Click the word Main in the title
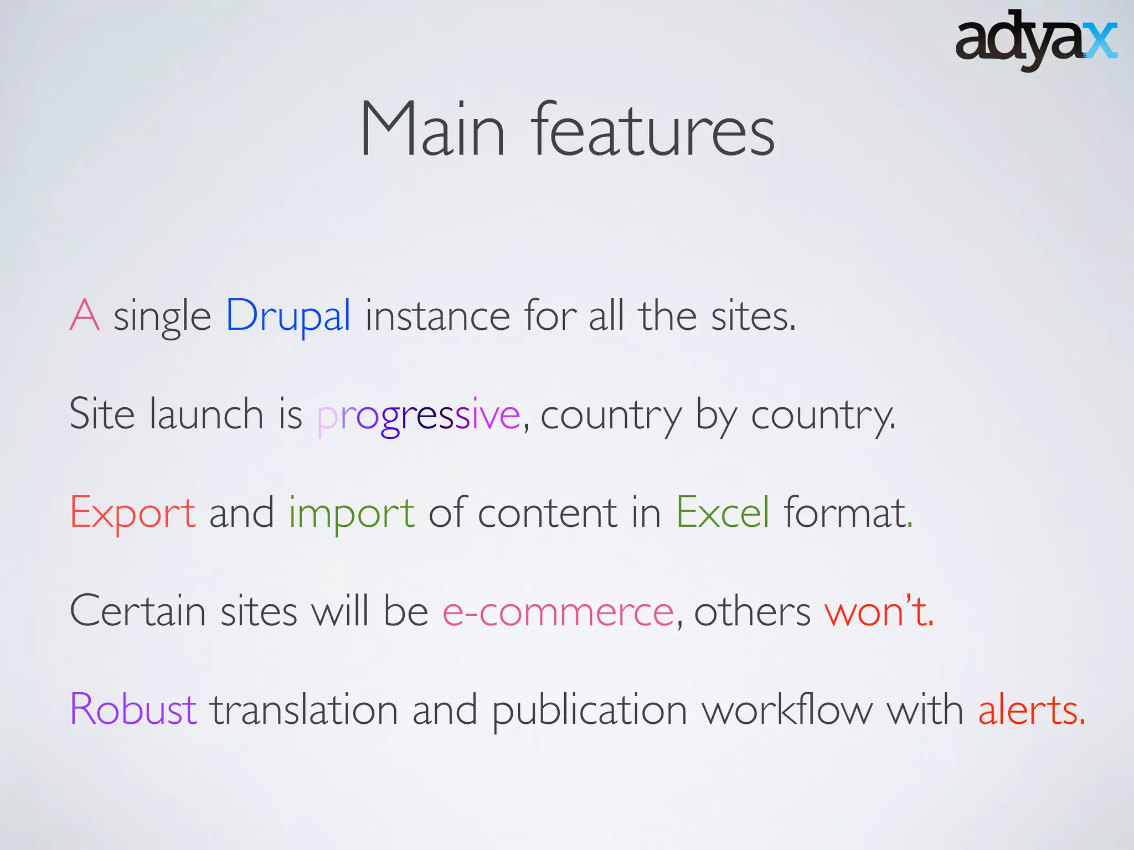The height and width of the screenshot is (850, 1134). pos(432,129)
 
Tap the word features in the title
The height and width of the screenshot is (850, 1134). pos(653,129)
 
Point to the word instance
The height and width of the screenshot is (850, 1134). pos(437,315)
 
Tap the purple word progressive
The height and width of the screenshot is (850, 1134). pos(419,415)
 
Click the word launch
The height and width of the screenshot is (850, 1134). pos(206,414)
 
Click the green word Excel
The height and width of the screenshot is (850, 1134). pos(723,512)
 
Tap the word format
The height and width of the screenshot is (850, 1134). pos(847,512)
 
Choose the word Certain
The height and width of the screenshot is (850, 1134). pos(137,611)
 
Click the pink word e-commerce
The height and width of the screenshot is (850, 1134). pos(558,612)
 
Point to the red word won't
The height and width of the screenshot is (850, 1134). pos(878,611)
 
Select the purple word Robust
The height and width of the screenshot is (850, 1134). pos(133,709)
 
